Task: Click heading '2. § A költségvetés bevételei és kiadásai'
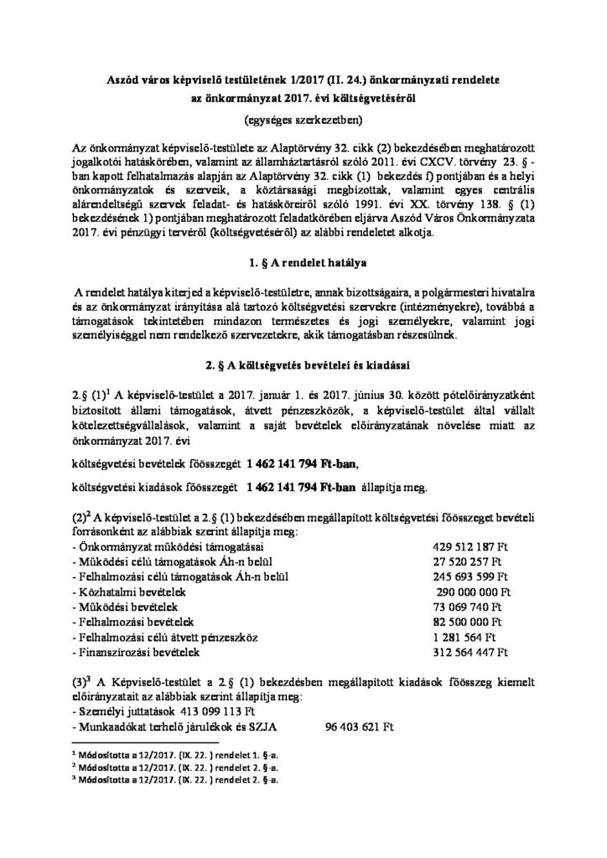[302, 366]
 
